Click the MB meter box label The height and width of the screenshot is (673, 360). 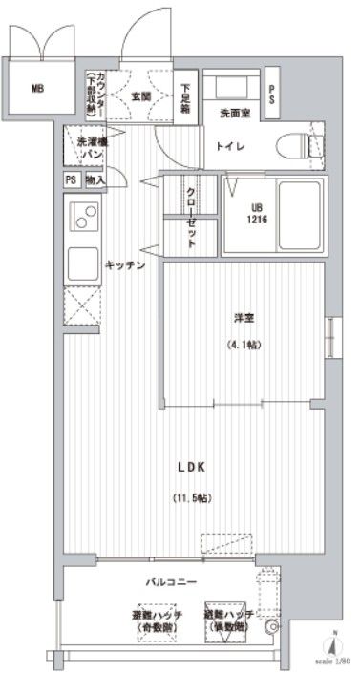click(x=37, y=90)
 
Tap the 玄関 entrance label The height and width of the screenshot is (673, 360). click(x=142, y=96)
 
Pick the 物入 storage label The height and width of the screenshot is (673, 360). click(x=95, y=179)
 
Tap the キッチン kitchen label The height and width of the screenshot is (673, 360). click(x=124, y=265)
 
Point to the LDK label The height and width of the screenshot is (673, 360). click(x=190, y=466)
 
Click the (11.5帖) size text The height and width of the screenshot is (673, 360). click(x=191, y=497)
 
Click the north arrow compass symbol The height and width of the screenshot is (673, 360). click(x=336, y=642)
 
